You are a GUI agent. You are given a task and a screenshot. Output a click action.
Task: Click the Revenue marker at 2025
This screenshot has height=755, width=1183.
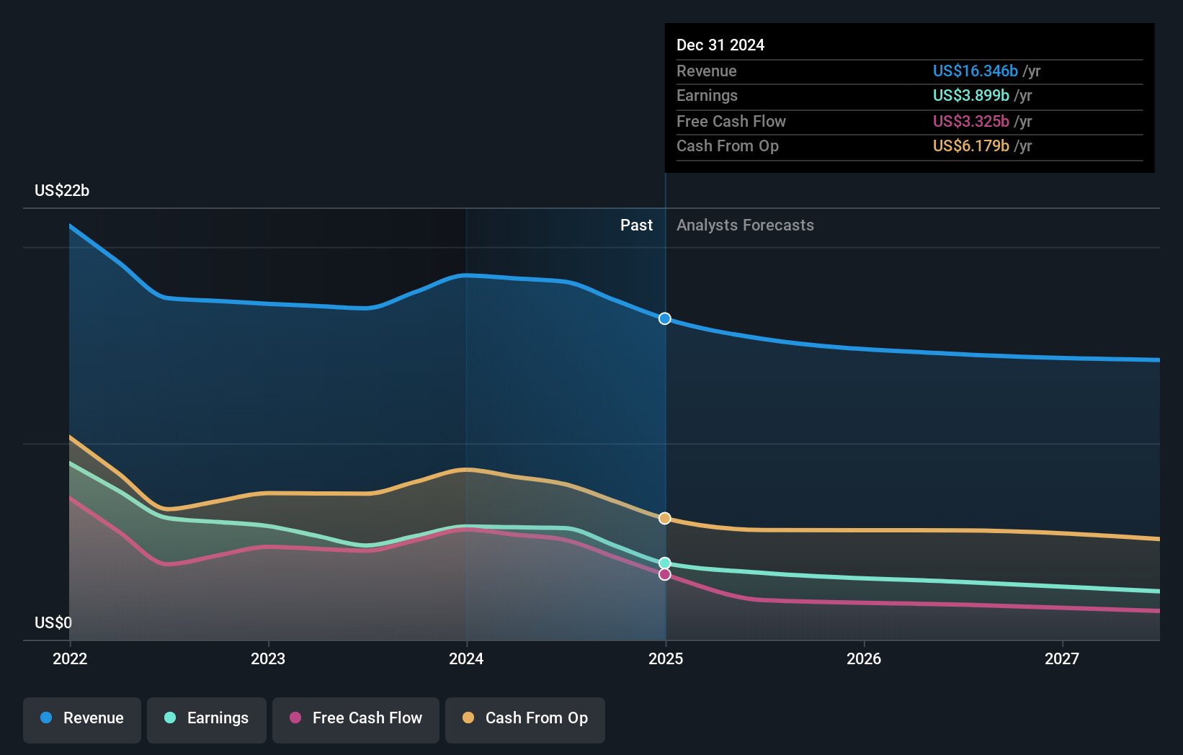tap(665, 318)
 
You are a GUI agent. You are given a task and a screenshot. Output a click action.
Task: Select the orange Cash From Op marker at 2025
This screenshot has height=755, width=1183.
tap(665, 519)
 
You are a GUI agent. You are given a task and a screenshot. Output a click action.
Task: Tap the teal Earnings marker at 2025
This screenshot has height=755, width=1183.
tap(665, 563)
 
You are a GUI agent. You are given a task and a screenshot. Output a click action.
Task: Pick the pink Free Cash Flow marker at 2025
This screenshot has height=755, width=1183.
tap(665, 574)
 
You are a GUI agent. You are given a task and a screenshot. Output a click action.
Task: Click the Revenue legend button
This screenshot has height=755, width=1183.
tap(82, 718)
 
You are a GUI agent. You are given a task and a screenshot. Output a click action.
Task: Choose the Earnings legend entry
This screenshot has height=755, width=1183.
tap(207, 718)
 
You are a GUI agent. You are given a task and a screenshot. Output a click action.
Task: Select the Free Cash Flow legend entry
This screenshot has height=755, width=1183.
tap(356, 718)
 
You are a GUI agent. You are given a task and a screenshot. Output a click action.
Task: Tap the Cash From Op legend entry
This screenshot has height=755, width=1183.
tap(525, 718)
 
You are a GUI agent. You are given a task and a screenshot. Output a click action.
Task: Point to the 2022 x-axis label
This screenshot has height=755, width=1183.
tap(70, 658)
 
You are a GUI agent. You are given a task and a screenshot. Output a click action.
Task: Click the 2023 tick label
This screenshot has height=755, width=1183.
tap(268, 658)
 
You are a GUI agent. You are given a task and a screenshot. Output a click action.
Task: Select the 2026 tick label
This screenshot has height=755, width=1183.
tap(864, 658)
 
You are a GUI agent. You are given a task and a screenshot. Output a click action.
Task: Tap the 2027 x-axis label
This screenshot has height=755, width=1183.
tap(1062, 658)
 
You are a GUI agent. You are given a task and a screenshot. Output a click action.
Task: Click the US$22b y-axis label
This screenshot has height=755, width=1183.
tap(62, 190)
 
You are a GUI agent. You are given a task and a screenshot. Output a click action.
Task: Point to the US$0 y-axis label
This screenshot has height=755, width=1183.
tap(53, 622)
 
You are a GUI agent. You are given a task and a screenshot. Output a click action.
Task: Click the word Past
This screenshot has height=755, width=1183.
tap(636, 225)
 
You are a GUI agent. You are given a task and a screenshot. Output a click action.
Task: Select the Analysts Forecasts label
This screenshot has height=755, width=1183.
tap(745, 225)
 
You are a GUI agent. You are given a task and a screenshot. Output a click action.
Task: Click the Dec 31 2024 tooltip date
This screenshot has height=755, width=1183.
tap(720, 45)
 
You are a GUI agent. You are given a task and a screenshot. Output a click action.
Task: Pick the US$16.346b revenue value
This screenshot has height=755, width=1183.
tap(975, 71)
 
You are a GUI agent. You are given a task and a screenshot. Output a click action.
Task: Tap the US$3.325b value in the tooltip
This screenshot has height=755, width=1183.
tap(970, 121)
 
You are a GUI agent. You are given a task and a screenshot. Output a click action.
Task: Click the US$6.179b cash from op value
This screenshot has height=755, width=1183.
tap(970, 146)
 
